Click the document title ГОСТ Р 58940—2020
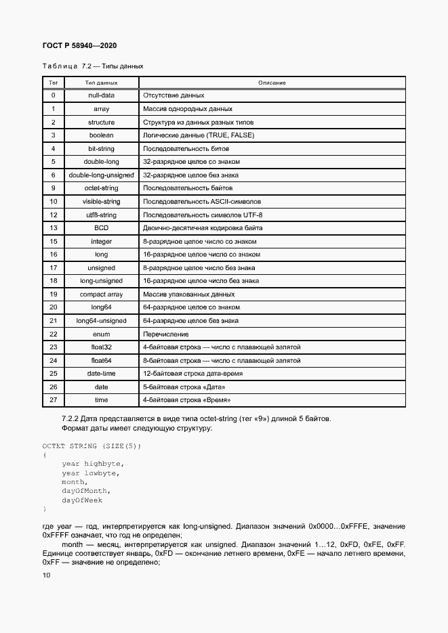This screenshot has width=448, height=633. click(80, 45)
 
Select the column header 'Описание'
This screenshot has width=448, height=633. click(272, 83)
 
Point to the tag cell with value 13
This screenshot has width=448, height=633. click(53, 228)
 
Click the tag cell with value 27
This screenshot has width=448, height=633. click(53, 400)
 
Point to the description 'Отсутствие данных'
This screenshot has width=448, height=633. click(174, 95)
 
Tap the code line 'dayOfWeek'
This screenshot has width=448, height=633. click(82, 500)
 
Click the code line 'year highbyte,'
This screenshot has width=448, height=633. click(92, 464)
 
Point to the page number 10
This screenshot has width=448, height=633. click(45, 575)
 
